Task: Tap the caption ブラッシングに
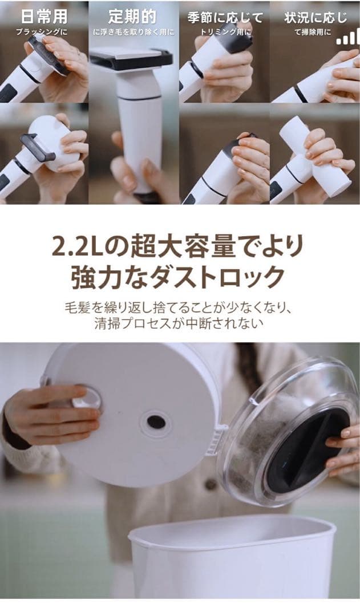[x=43, y=32]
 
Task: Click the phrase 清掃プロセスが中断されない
[x=180, y=324]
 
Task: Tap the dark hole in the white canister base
[x=156, y=422]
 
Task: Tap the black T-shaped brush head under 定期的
[x=132, y=58]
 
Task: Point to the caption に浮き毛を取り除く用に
[x=134, y=33]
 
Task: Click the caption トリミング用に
[x=225, y=33]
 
